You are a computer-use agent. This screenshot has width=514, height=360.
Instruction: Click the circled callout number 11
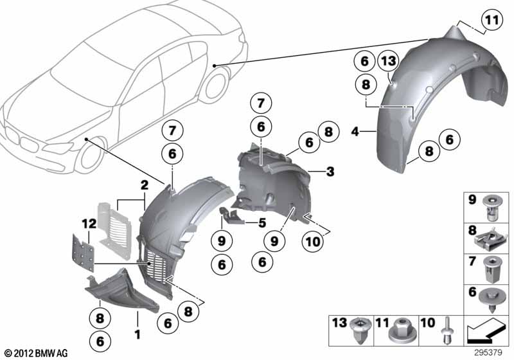point(492,20)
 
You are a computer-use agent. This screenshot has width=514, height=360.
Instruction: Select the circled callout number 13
point(388,61)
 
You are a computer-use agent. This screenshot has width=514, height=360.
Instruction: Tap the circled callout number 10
point(313,242)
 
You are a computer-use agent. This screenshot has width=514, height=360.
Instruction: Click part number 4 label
point(355,132)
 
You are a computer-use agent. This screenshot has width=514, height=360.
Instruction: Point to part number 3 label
point(330,172)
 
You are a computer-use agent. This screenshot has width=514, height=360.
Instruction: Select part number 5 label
point(262,223)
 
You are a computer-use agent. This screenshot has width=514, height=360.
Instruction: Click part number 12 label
point(89,224)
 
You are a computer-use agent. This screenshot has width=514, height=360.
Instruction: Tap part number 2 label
point(144,186)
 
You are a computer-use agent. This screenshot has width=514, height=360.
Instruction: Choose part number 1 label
point(137,334)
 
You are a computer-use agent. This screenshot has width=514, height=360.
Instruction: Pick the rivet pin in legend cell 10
point(447,331)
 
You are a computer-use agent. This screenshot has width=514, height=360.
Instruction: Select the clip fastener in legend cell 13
point(361,330)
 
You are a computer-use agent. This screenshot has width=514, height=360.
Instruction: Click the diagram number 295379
point(488,353)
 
